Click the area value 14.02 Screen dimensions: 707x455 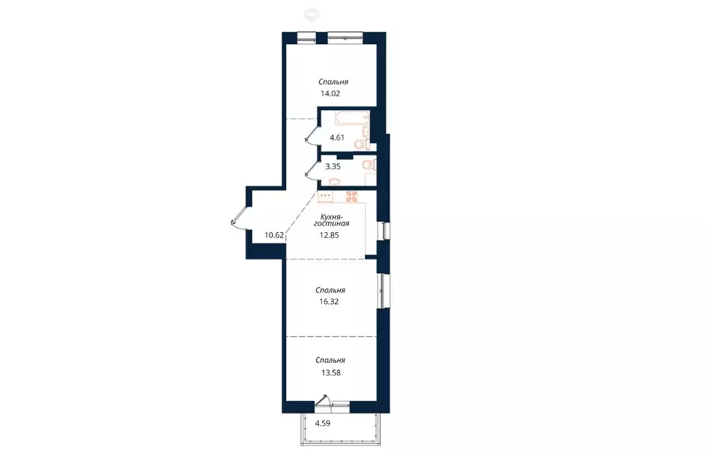[330, 94]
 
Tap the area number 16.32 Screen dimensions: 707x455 [329, 301]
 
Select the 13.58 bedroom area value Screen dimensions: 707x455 [330, 373]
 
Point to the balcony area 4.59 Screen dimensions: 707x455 [323, 423]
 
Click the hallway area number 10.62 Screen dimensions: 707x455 [274, 235]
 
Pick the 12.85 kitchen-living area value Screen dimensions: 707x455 [329, 235]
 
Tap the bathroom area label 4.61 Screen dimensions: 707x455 [337, 138]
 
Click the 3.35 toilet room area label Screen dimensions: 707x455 [332, 167]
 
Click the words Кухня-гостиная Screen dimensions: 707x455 [332, 220]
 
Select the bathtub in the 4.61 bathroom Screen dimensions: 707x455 [352, 118]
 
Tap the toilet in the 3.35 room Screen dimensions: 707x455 [369, 165]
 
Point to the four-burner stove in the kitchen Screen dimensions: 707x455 [352, 196]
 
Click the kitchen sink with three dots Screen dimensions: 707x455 [325, 196]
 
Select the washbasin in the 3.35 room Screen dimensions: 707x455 [334, 182]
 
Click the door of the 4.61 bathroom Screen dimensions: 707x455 [311, 135]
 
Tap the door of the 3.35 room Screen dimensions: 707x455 [311, 169]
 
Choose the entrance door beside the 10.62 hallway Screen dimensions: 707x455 [239, 217]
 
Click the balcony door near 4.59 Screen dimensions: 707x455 [323, 401]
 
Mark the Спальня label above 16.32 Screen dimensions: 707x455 [330, 290]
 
